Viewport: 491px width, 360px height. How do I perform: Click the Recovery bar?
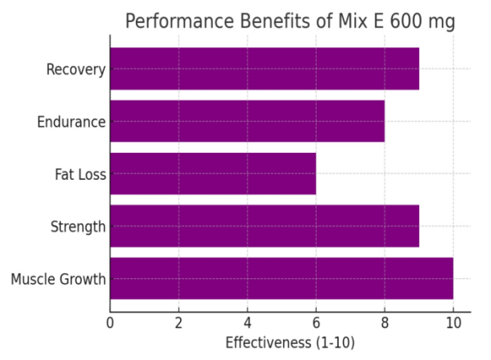pyautogui.click(x=264, y=69)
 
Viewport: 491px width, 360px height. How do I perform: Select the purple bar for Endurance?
pyautogui.click(x=247, y=121)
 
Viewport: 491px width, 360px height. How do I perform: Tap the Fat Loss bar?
pyautogui.click(x=213, y=173)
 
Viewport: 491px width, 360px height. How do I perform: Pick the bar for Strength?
pyautogui.click(x=264, y=226)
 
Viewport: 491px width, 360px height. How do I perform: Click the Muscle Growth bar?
pyautogui.click(x=282, y=278)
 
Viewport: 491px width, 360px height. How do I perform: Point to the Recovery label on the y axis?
pyautogui.click(x=76, y=70)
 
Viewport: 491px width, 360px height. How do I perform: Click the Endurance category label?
pyautogui.click(x=71, y=122)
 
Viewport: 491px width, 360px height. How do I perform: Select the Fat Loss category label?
pyautogui.click(x=80, y=174)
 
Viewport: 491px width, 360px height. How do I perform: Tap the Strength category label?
pyautogui.click(x=79, y=227)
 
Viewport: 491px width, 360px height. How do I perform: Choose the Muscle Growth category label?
pyautogui.click(x=59, y=279)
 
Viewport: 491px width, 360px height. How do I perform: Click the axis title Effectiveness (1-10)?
pyautogui.click(x=290, y=343)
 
